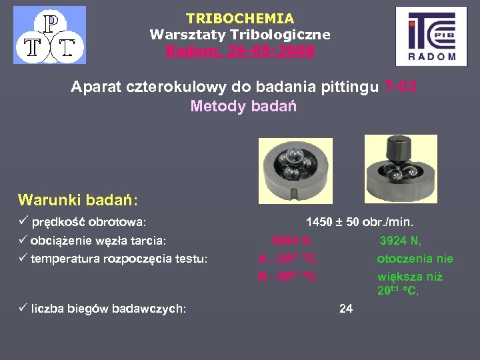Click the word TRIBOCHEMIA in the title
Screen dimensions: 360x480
coord(240,19)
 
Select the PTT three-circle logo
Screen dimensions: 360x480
coord(50,35)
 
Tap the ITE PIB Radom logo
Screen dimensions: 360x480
coord(431,36)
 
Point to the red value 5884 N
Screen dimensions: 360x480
coord(292,241)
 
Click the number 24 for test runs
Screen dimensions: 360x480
coord(346,308)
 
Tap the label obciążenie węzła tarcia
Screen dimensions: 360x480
coord(98,240)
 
